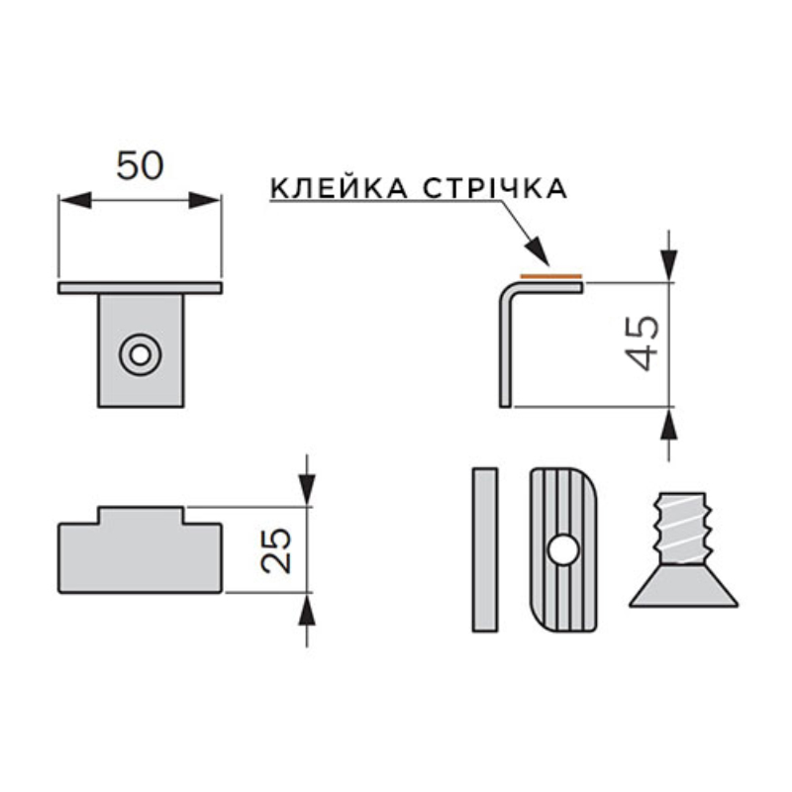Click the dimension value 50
(x=140, y=165)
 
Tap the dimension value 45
(x=643, y=344)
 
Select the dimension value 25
(x=276, y=551)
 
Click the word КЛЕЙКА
(x=339, y=188)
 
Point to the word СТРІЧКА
(x=495, y=188)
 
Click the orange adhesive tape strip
(x=551, y=276)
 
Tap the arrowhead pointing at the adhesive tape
(x=538, y=251)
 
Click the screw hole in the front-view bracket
(x=141, y=354)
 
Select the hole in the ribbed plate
(x=563, y=550)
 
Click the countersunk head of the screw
(x=683, y=585)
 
